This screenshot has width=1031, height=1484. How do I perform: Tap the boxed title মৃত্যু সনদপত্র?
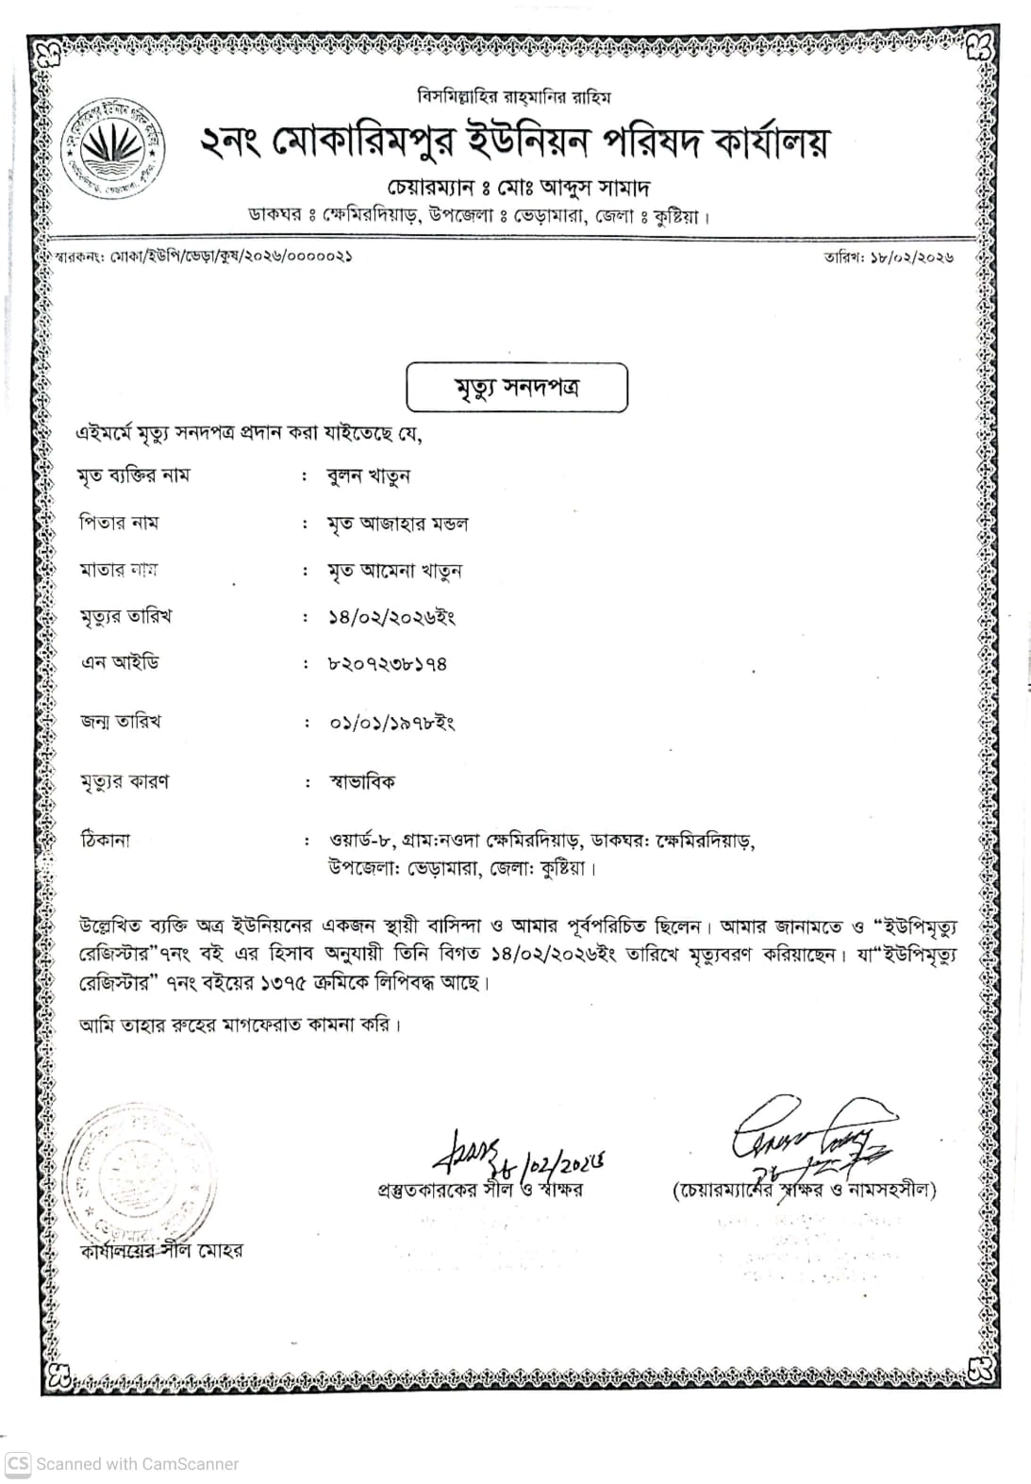point(516,388)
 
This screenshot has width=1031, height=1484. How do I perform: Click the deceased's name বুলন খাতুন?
point(369,476)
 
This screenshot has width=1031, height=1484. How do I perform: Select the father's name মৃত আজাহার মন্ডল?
point(397,524)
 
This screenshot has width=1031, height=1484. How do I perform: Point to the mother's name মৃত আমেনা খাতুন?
point(394,571)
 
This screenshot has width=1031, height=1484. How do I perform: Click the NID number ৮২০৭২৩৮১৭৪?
point(387,664)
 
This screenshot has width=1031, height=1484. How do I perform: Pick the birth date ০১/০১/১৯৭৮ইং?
point(391,723)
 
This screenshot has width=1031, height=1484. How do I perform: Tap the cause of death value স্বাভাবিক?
point(362,782)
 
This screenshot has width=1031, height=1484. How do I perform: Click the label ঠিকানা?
point(106,840)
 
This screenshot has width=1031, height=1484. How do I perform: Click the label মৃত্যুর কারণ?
point(125,782)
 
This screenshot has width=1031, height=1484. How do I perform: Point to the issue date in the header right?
point(889,257)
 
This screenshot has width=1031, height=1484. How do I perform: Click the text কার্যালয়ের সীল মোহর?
point(161,1251)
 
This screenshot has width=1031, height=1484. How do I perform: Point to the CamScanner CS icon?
point(18,1463)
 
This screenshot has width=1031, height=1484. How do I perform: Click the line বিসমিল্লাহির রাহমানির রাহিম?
point(514,96)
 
